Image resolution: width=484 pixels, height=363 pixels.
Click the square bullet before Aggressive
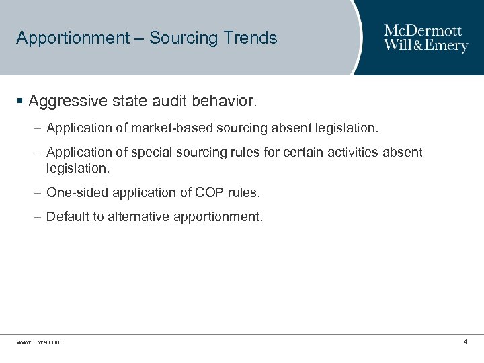point(20,102)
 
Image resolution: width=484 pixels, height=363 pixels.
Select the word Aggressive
point(67,102)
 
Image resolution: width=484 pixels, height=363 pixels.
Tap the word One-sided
point(71,192)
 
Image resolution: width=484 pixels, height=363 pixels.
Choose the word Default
point(67,217)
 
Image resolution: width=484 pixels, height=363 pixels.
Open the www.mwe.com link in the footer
point(39,342)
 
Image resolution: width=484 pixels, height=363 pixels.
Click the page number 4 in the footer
point(465,342)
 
